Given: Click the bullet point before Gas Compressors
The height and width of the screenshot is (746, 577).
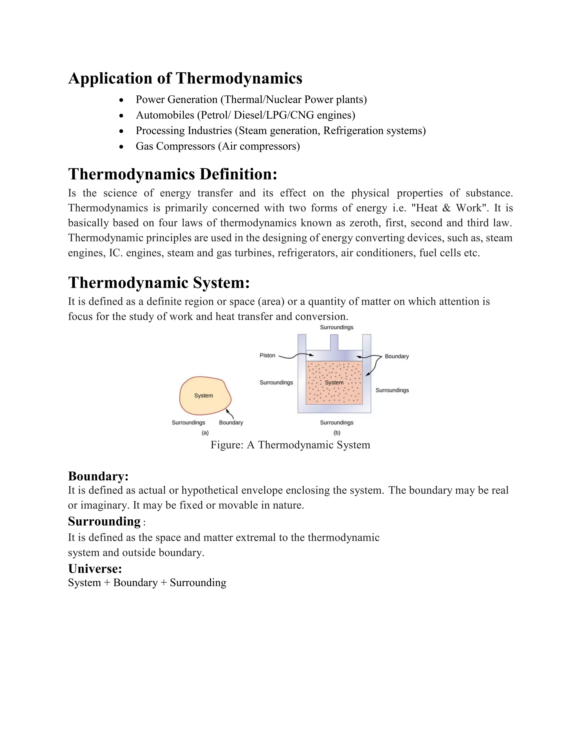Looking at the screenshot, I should point(121,147).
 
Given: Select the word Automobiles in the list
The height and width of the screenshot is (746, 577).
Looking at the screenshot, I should point(165,115).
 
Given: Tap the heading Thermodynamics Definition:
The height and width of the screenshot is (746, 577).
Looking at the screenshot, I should point(173,174).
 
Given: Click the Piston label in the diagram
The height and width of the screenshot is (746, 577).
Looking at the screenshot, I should point(267,355).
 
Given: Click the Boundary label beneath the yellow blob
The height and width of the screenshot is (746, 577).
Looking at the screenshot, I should point(231,423).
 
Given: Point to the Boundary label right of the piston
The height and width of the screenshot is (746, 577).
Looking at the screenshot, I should point(396,356).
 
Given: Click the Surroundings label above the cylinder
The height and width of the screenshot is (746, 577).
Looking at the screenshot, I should point(336,327).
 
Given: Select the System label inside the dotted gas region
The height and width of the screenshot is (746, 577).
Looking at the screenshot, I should point(334,383).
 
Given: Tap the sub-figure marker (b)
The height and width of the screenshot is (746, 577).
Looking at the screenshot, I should point(337,433).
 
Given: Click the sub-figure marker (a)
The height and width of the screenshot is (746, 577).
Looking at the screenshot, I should point(205,433).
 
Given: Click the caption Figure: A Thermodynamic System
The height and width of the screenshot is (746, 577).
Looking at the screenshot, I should point(290,445).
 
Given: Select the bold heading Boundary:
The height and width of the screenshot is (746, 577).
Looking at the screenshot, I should point(98,476).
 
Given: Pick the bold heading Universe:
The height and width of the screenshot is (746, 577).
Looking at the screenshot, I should point(95,569).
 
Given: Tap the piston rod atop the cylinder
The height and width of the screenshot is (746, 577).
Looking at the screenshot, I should point(334,342).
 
